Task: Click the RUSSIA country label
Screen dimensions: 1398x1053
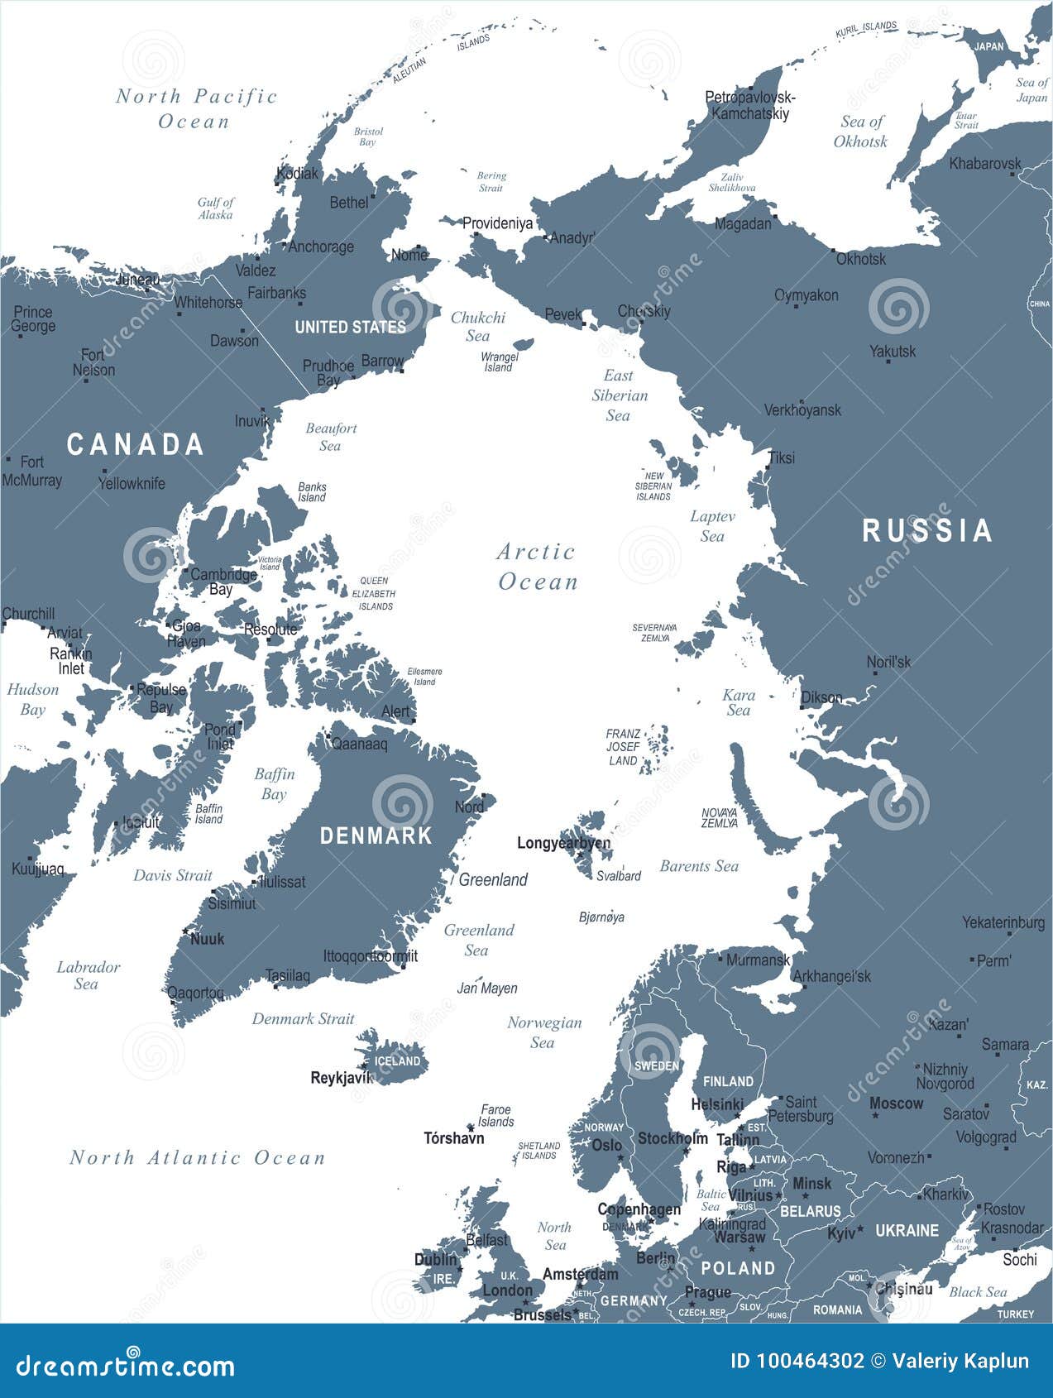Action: [x=926, y=531]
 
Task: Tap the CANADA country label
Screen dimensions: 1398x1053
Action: [x=135, y=445]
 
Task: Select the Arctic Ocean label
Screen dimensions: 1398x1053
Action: [x=537, y=567]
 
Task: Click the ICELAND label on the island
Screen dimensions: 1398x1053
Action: [x=397, y=1061]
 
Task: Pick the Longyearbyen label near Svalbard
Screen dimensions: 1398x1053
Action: [x=563, y=843]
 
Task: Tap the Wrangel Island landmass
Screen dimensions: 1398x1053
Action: [x=523, y=344]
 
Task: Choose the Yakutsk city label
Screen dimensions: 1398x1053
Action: [x=893, y=352]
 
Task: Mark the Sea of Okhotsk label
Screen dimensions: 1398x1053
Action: [x=861, y=132]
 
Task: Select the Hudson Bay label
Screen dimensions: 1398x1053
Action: [x=33, y=699]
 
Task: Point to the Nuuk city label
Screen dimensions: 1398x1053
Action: [x=207, y=939]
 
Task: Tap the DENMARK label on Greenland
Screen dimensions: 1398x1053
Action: [x=376, y=835]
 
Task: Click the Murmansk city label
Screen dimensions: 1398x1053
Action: [x=758, y=960]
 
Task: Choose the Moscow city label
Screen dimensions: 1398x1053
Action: [x=896, y=1104]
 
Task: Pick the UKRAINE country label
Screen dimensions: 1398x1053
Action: [x=907, y=1231]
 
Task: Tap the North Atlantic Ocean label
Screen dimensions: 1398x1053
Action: [x=198, y=1157]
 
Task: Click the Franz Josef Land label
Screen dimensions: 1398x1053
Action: [x=623, y=747]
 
